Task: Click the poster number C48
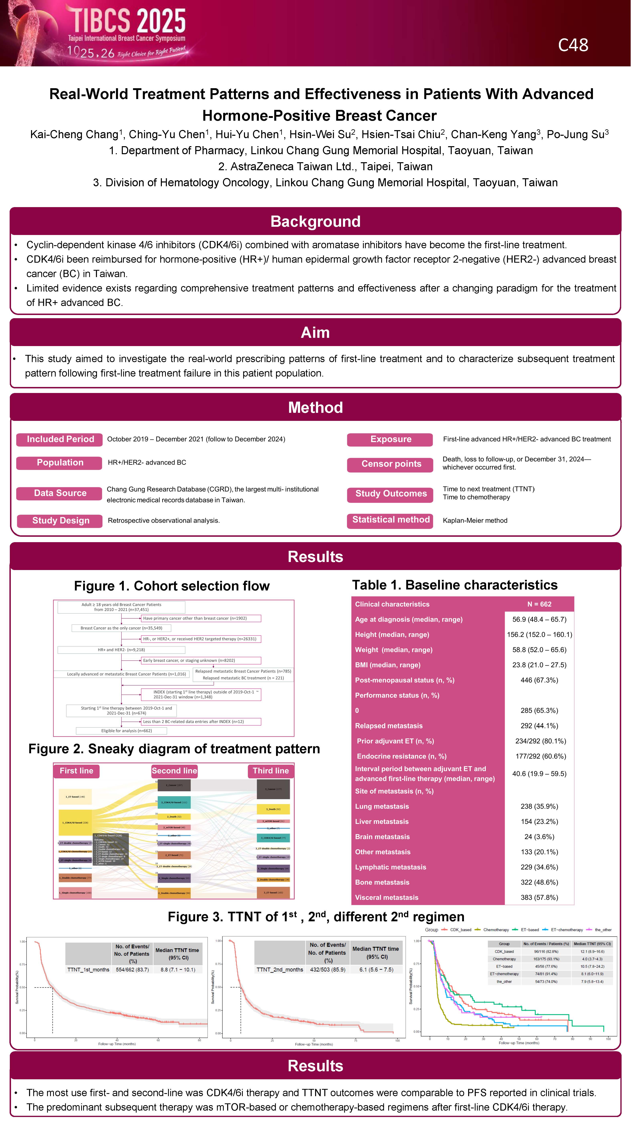tap(573, 45)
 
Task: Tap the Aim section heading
tap(315, 332)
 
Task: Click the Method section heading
tap(315, 407)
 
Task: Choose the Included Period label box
tap(60, 439)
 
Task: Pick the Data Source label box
tap(60, 493)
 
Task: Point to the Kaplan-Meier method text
tap(475, 521)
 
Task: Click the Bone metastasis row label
tap(382, 882)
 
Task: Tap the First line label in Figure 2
tap(77, 771)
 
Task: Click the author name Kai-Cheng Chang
tap(74, 135)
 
